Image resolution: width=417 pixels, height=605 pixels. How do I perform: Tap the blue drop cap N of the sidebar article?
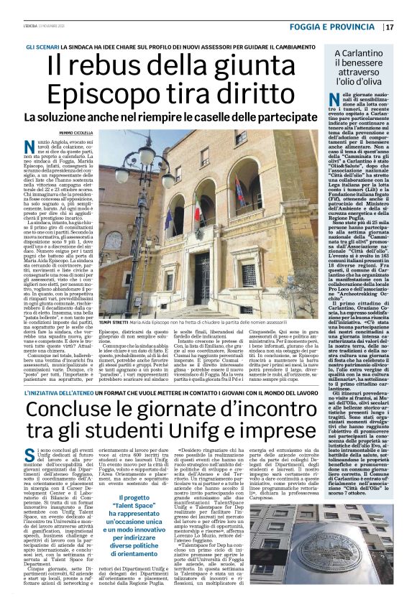(332, 101)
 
